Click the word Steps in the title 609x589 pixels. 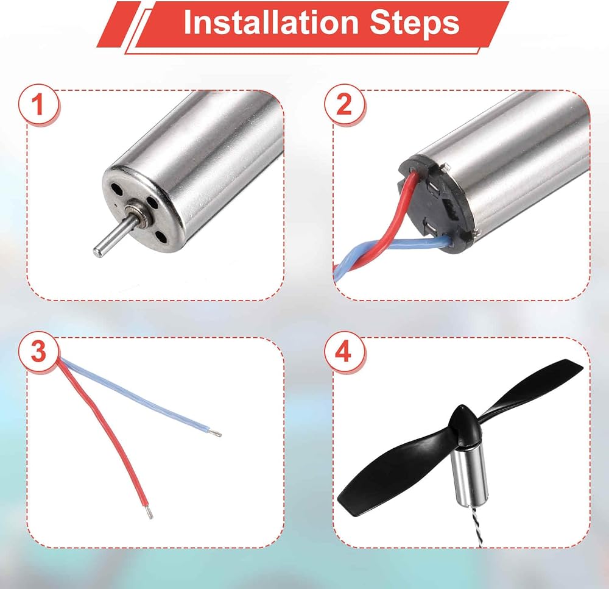pyautogui.click(x=414, y=23)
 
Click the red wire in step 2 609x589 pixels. pyautogui.click(x=392, y=218)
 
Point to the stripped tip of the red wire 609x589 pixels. pyautogui.click(x=149, y=513)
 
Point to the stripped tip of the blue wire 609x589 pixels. pyautogui.click(x=216, y=433)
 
